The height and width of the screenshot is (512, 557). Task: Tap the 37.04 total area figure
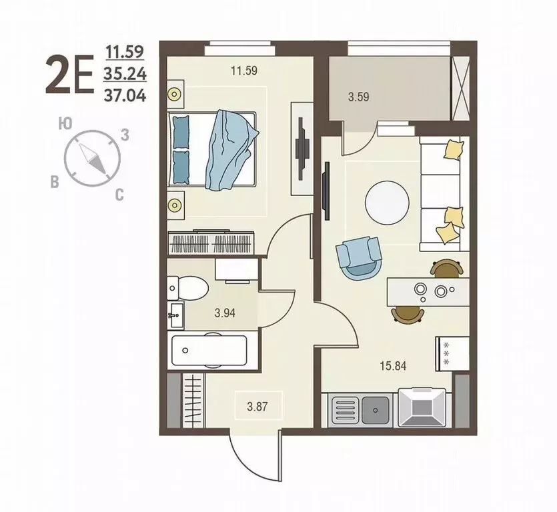125,95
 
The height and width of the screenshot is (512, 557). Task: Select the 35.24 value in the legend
125,73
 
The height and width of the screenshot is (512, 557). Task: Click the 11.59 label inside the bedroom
224,69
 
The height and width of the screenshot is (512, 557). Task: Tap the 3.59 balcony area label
358,97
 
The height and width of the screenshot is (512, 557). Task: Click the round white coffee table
387,203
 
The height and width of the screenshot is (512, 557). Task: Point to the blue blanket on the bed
229,148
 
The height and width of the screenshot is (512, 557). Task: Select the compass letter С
119,195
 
